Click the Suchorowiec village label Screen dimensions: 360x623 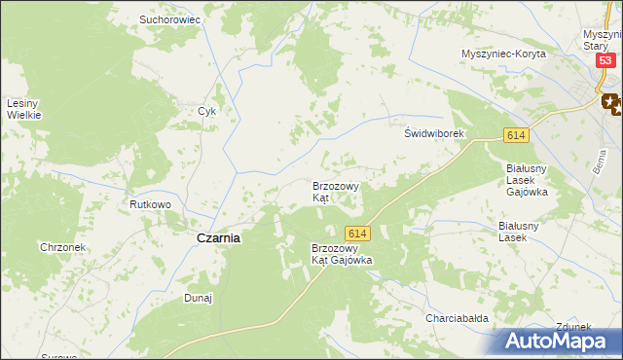(169, 18)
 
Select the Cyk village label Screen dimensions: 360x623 (206, 111)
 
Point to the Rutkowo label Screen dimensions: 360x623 (151, 205)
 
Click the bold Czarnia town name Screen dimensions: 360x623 (219, 237)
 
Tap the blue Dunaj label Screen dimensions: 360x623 (199, 299)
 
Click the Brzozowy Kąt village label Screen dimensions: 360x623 (336, 191)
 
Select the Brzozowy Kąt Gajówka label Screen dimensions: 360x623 (342, 255)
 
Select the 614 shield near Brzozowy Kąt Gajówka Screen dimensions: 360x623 (356, 234)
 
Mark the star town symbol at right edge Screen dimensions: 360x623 (612, 100)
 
